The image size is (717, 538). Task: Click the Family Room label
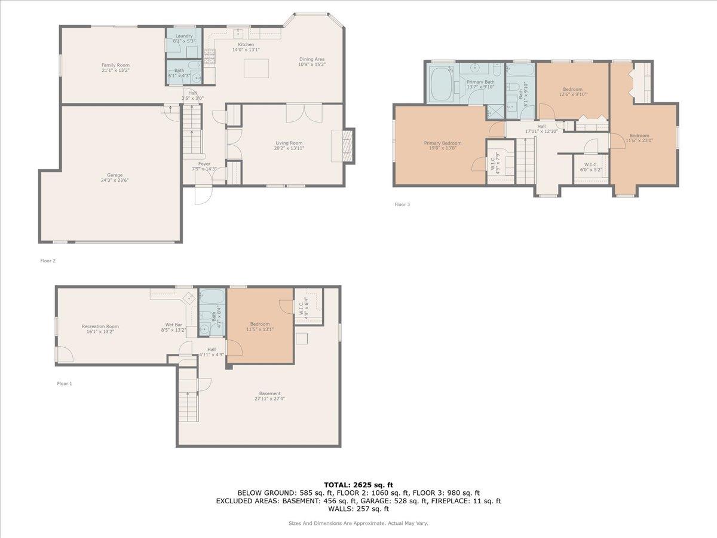(x=115, y=65)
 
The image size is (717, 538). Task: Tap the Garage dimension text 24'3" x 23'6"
(x=115, y=181)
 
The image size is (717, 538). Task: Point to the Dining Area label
(x=312, y=59)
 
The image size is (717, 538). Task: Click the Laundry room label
(x=183, y=36)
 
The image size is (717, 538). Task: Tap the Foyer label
(x=204, y=163)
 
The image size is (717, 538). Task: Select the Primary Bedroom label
(x=442, y=143)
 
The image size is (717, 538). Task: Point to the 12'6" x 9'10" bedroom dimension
(x=572, y=94)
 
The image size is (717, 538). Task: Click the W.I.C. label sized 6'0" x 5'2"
(x=592, y=164)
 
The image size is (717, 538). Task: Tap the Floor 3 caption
(x=402, y=204)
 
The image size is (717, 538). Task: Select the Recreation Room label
(x=100, y=326)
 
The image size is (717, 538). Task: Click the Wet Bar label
(x=174, y=325)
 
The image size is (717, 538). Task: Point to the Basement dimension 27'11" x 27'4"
(x=270, y=399)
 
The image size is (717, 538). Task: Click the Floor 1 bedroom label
(x=260, y=324)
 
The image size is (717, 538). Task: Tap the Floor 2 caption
(x=48, y=261)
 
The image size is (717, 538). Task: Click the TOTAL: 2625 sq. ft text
(x=358, y=485)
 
